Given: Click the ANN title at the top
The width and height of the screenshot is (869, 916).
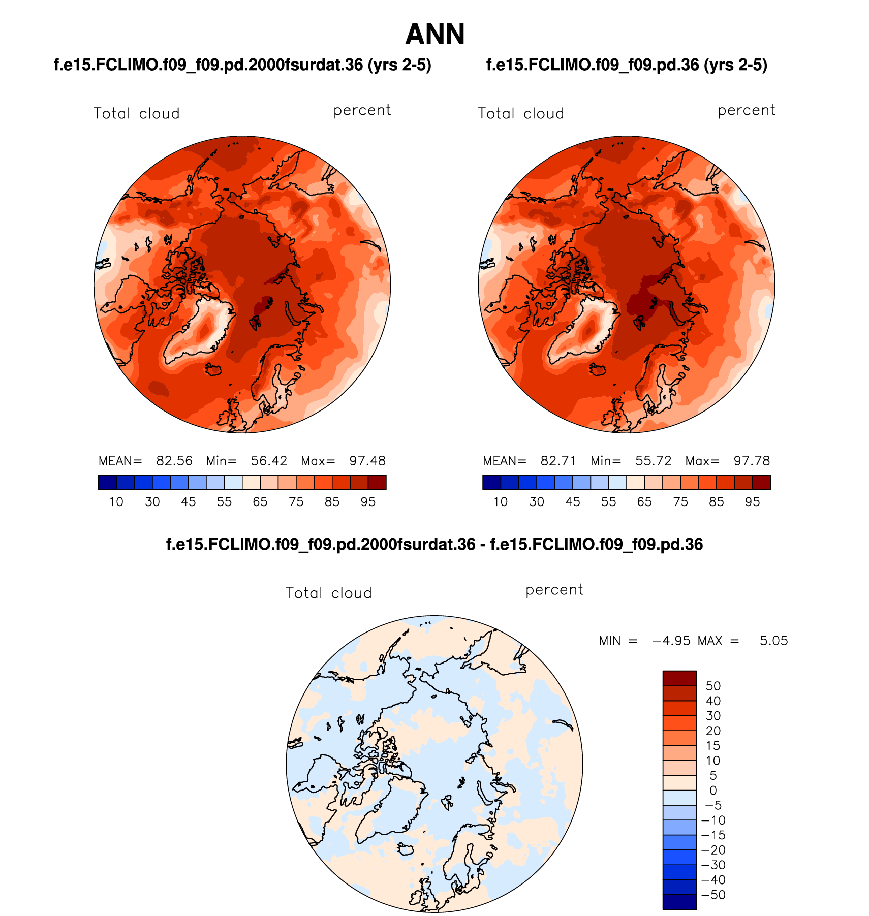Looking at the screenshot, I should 435,35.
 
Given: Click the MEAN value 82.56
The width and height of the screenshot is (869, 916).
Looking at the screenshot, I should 174,461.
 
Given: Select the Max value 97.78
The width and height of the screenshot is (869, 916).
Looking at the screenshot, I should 752,461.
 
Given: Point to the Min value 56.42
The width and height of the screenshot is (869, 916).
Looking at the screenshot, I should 269,461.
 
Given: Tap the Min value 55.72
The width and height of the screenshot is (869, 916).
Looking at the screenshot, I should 653,461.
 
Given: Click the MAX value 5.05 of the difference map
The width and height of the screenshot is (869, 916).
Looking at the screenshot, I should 773,641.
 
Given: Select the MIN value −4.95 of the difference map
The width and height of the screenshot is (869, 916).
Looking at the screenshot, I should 671,641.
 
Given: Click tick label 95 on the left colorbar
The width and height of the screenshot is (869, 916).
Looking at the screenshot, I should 368,502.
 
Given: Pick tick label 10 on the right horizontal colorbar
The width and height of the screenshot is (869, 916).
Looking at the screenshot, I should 501,502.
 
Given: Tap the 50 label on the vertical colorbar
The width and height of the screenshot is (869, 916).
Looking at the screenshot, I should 713,686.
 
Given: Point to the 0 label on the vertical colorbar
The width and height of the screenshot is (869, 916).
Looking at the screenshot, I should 713,791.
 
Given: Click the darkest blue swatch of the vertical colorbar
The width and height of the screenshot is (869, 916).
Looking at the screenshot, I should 679,902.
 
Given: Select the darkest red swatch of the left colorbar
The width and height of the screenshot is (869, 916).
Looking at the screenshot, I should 377,482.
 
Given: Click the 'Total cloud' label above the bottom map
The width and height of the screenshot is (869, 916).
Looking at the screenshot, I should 329,593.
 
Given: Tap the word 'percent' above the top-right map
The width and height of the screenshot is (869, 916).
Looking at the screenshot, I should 747,111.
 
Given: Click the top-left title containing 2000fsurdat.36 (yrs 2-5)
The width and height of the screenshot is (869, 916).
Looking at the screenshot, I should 242,65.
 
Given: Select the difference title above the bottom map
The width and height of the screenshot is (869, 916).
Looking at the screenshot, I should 434,545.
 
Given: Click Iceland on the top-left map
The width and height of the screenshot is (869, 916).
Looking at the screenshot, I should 213,369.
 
